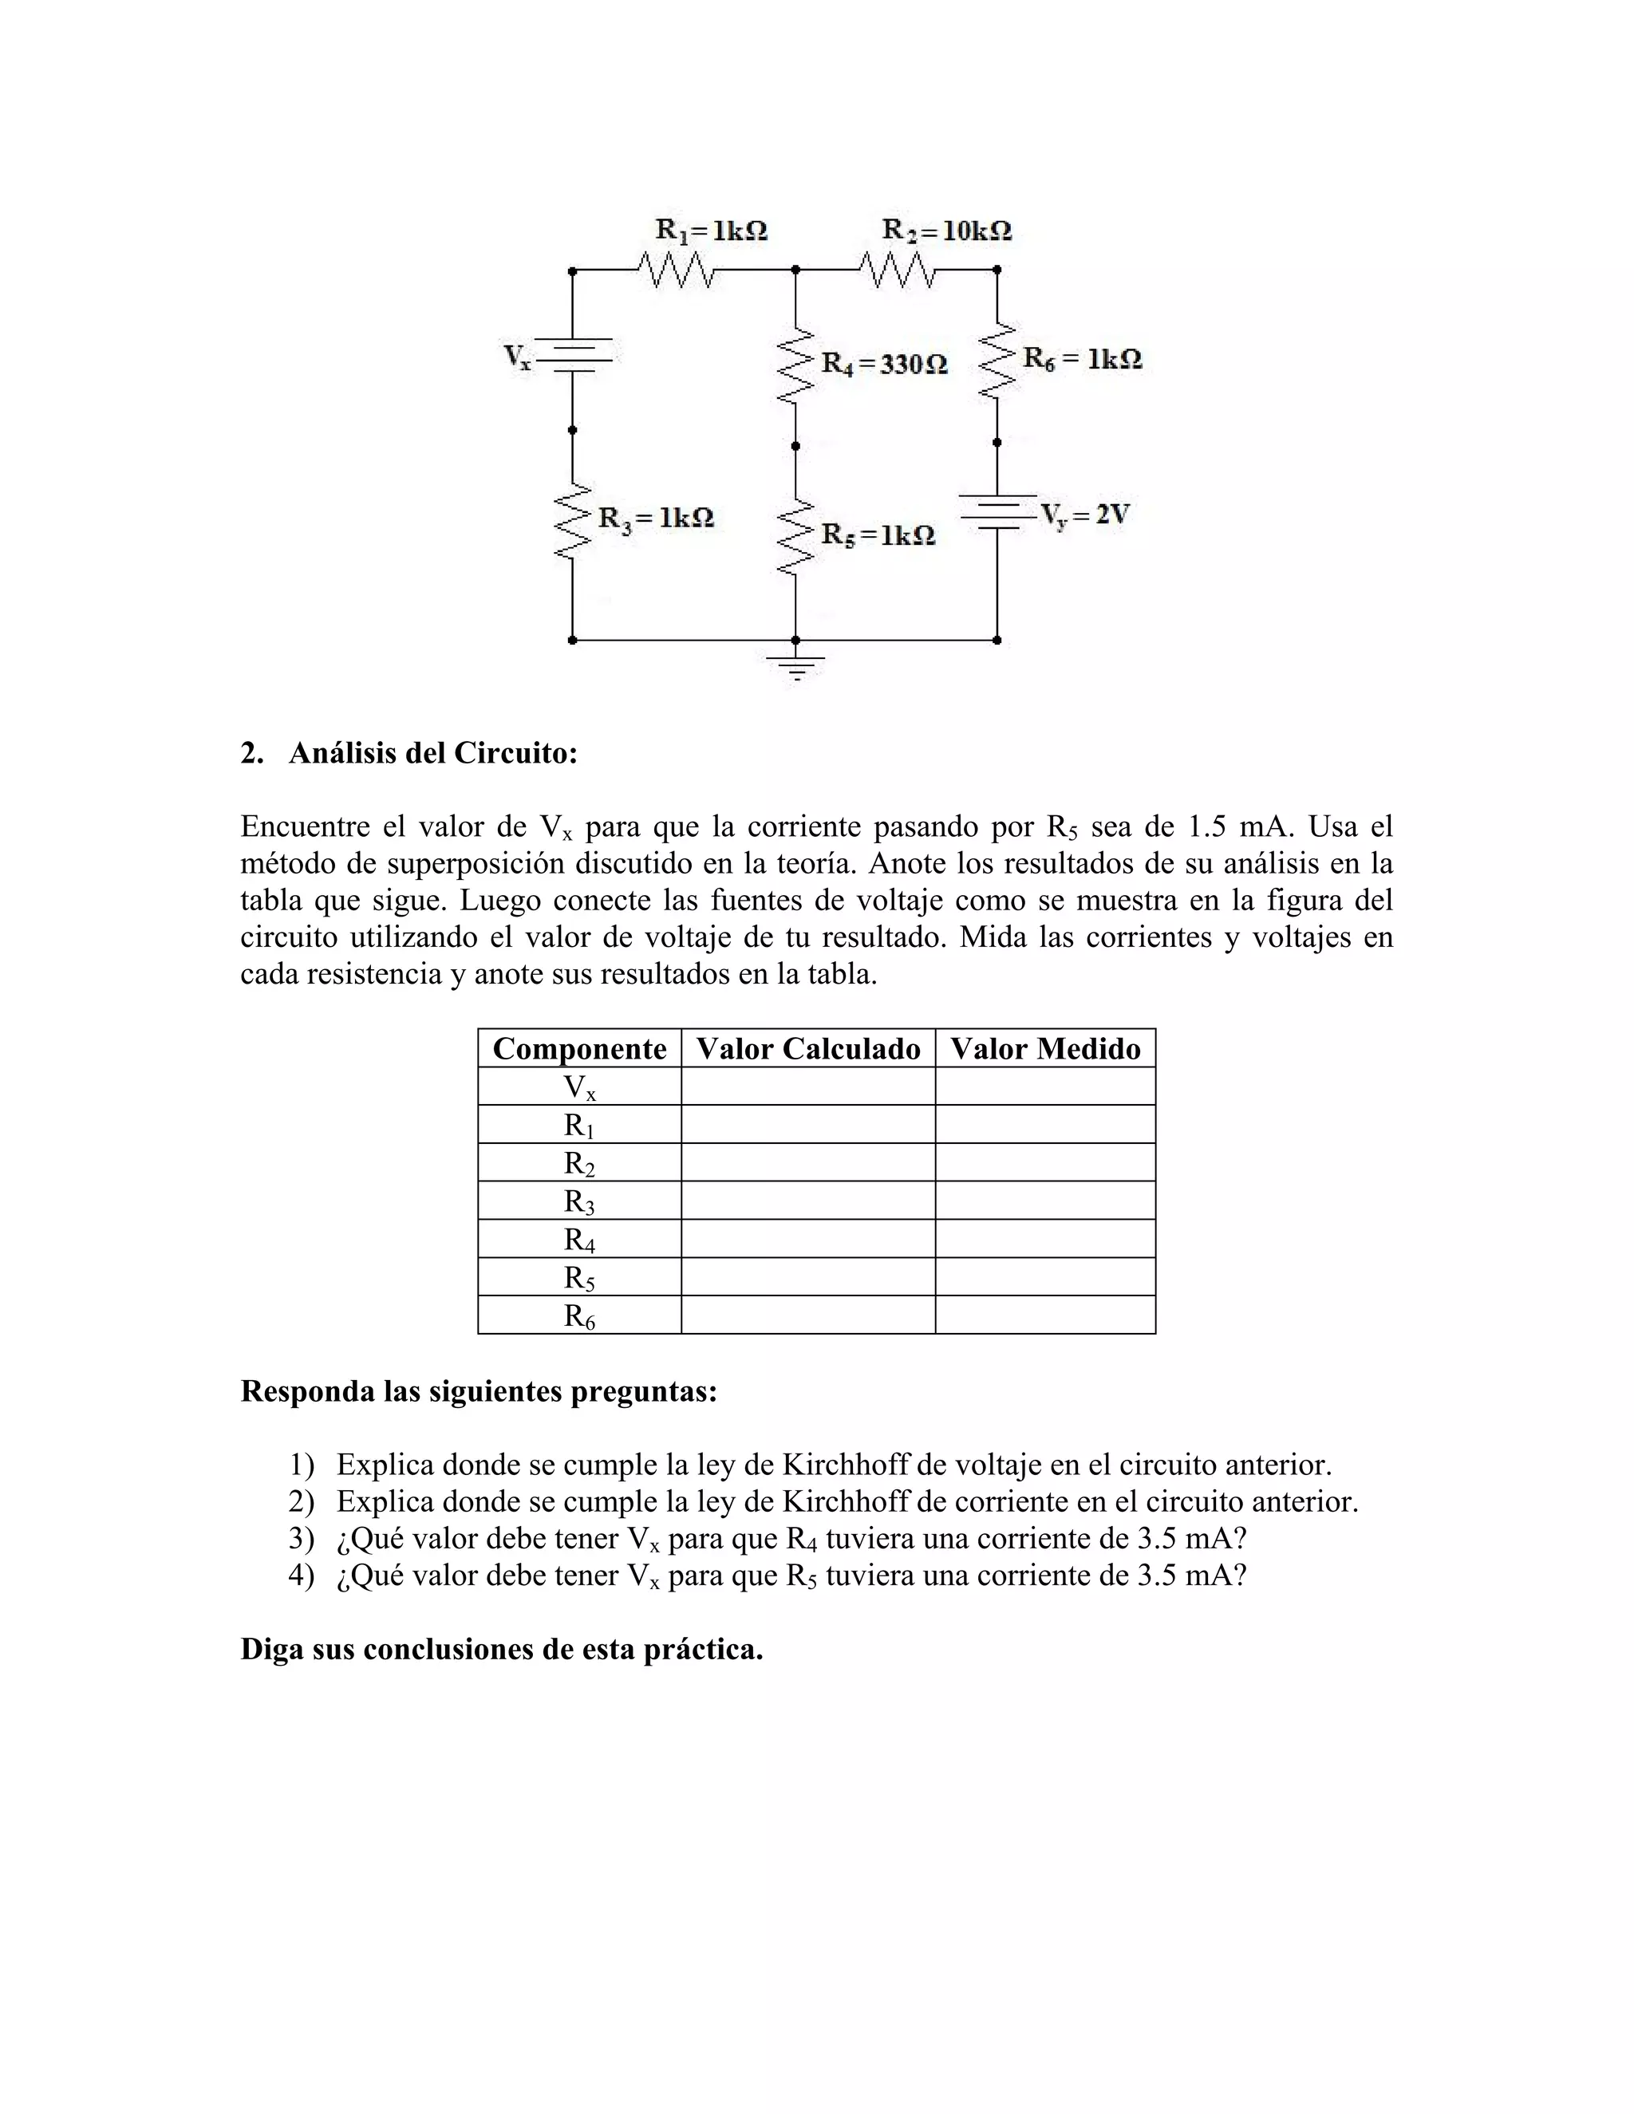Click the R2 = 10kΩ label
tap(947, 231)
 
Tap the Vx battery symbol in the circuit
tap(572, 354)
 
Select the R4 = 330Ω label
tap(884, 365)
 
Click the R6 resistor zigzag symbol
tap(997, 359)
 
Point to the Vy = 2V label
tap(1085, 514)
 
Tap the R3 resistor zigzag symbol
tap(572, 521)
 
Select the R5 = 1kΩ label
tap(878, 534)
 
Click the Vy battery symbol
tap(997, 513)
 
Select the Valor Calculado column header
tap(807, 1048)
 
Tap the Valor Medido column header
tap(1044, 1048)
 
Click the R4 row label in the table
tap(579, 1239)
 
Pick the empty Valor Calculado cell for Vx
tap(807, 1086)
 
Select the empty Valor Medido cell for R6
tap(1044, 1315)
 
